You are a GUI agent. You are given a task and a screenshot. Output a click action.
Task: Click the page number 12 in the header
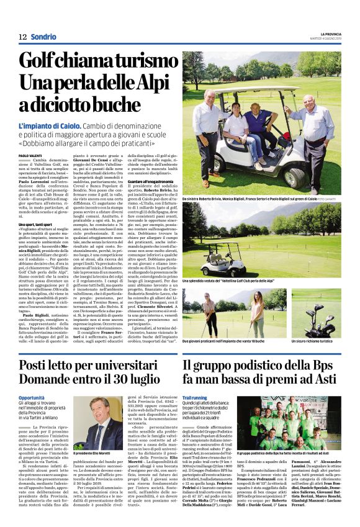tap(22, 37)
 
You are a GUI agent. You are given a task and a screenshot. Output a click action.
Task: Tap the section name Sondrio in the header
tap(43, 37)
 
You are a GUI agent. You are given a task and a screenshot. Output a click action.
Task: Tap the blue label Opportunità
tap(32, 397)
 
